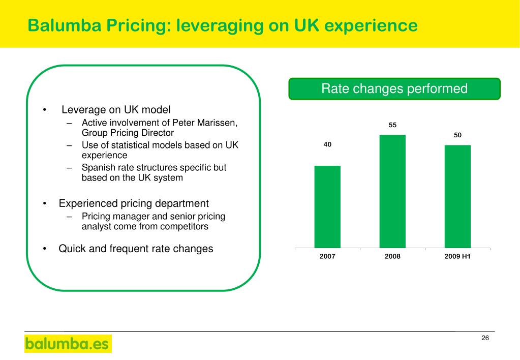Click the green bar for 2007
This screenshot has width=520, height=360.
[x=327, y=206]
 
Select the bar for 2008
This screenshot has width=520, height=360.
[x=392, y=191]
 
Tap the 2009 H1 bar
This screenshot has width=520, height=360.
[x=457, y=196]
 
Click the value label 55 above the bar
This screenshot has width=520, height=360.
[x=392, y=125]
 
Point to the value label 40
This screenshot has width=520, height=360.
[x=327, y=145]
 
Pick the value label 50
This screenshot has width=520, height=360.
[x=457, y=135]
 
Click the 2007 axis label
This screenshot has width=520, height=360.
[x=327, y=257]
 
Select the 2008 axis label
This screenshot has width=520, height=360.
[x=392, y=257]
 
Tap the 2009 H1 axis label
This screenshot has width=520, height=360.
[x=457, y=257]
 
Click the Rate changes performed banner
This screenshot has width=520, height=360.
[x=394, y=89]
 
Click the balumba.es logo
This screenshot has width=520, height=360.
[x=68, y=344]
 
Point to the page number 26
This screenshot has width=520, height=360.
[x=485, y=339]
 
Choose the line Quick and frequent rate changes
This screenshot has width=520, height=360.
[x=136, y=249]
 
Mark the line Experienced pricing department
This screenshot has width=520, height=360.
[x=134, y=203]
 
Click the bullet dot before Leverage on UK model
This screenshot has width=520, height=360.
[x=45, y=110]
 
